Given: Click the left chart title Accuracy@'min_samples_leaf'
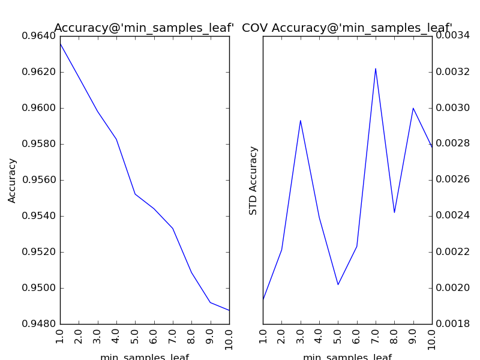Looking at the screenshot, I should pos(144,28).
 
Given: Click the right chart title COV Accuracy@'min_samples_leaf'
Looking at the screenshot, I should pos(347,28).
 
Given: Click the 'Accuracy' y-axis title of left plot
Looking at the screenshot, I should pos(13,180).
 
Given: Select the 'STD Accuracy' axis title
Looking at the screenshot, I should pos(254,180).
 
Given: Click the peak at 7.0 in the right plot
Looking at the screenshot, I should pos(376,68).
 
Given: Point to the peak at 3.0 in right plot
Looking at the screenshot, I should pos(301,121).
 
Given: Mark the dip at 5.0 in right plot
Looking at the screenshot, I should pos(338,284).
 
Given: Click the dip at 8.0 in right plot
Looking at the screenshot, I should pos(394,212).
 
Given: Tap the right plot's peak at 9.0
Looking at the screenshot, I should pos(413,108).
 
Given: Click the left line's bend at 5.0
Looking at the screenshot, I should pos(135,194).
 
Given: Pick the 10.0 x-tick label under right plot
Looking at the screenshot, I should pos(432,339).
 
